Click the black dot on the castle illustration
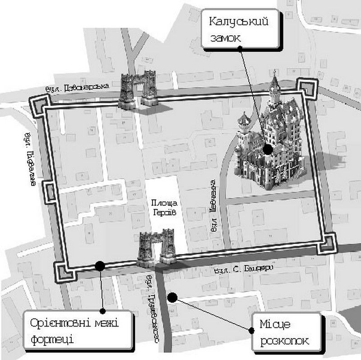pyautogui.click(x=268, y=149)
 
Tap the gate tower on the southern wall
pyautogui.click(x=156, y=247)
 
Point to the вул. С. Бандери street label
pyautogui.click(x=244, y=269)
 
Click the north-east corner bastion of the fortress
pyautogui.click(x=308, y=88)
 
